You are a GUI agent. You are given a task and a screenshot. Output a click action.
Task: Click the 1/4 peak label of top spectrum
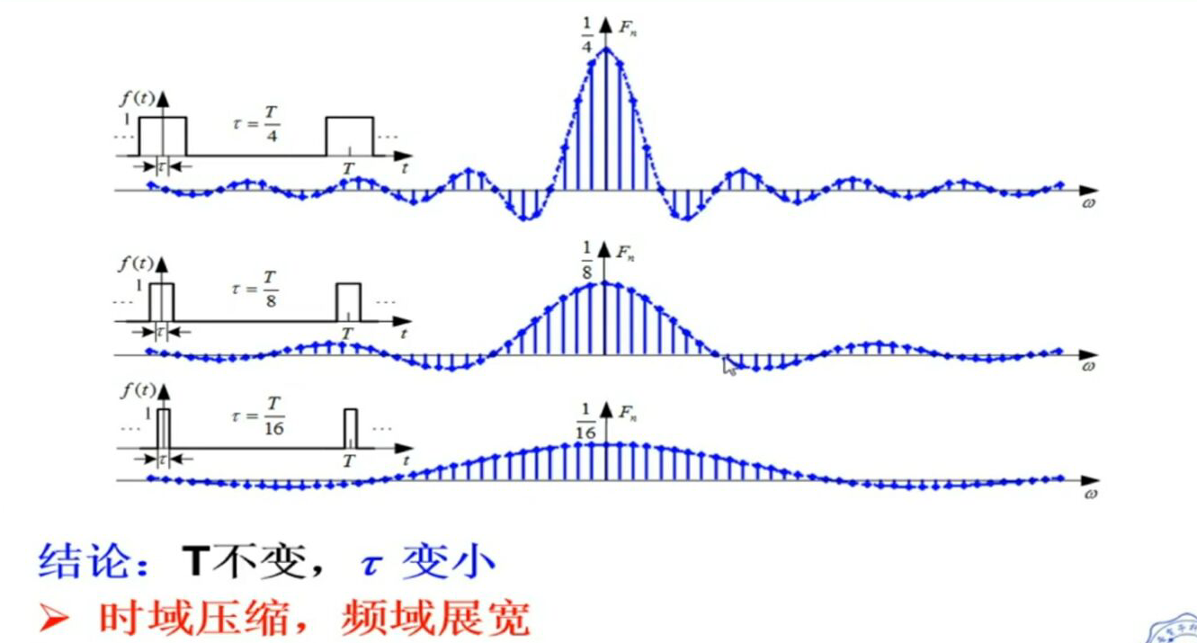[x=587, y=32]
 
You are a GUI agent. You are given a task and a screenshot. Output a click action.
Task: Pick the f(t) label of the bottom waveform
[x=134, y=392]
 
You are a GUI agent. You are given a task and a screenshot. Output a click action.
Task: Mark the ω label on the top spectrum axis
[x=1089, y=204]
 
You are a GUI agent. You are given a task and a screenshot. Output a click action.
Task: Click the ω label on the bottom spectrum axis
[x=1089, y=494]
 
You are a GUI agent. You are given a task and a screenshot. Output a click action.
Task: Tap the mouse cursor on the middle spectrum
[x=729, y=366]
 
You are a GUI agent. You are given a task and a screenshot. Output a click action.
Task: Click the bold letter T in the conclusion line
[x=197, y=564]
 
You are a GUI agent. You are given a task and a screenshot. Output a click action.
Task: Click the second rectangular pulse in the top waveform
[x=349, y=136]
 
